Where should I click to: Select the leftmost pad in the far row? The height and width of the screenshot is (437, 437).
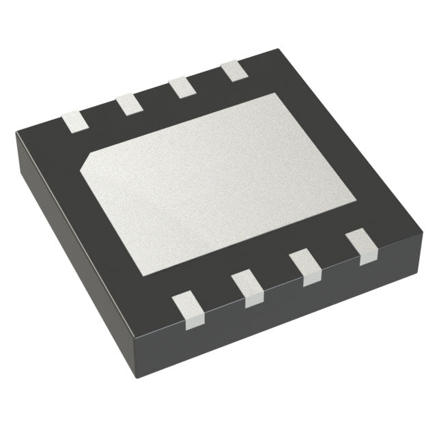coord(76,122)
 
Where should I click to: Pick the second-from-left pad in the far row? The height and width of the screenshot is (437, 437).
coord(128,104)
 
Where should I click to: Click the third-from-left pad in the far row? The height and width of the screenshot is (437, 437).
coord(182,86)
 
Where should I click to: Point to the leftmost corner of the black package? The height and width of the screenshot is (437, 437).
coord(16,137)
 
